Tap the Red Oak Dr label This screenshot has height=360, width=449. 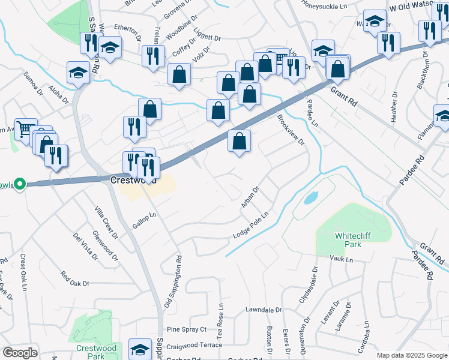74,279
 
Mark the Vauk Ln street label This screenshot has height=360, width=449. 342,259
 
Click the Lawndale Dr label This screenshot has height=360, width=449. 264,310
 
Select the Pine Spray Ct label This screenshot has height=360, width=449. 186,329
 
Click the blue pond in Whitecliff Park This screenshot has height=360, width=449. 310,197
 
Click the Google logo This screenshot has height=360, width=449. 20,353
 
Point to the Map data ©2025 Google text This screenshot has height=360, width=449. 412,355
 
